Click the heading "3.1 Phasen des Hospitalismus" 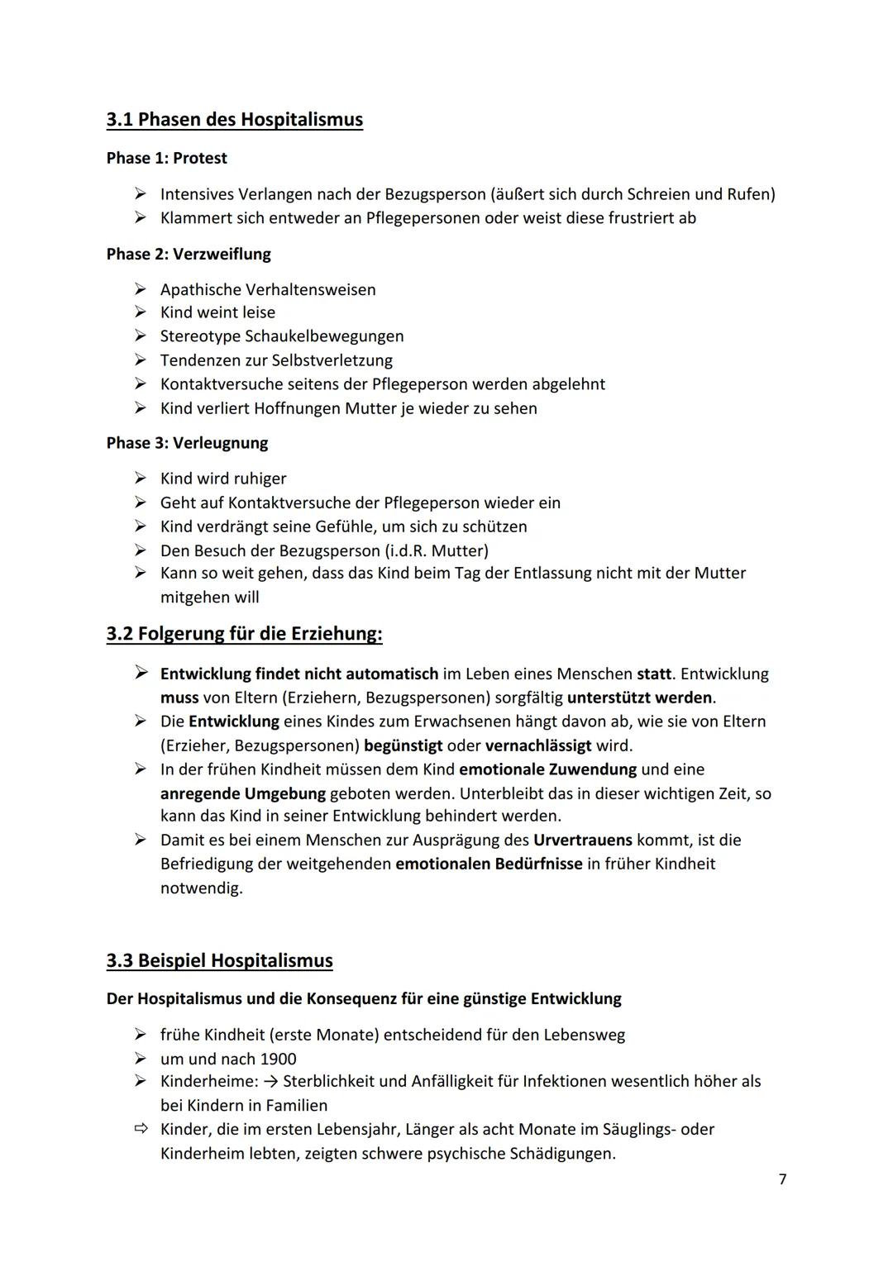pos(234,120)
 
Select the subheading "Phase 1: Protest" pos(166,158)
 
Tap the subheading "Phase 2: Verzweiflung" pos(189,254)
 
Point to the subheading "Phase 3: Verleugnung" pos(187,443)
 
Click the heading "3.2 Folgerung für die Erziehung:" pos(244,634)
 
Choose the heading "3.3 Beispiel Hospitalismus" pos(219,960)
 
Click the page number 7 pos(782,1179)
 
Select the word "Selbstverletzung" pos(332,360)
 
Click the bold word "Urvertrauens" pos(583,841)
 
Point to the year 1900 pos(278,1059)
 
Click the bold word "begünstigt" pos(403,745)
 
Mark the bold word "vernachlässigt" pos(538,745)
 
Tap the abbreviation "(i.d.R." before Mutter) pos(399,550)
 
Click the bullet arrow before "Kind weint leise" pos(142,312)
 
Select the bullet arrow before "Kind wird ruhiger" pos(142,479)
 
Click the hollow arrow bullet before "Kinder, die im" pos(142,1129)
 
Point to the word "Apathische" pos(200,290)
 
